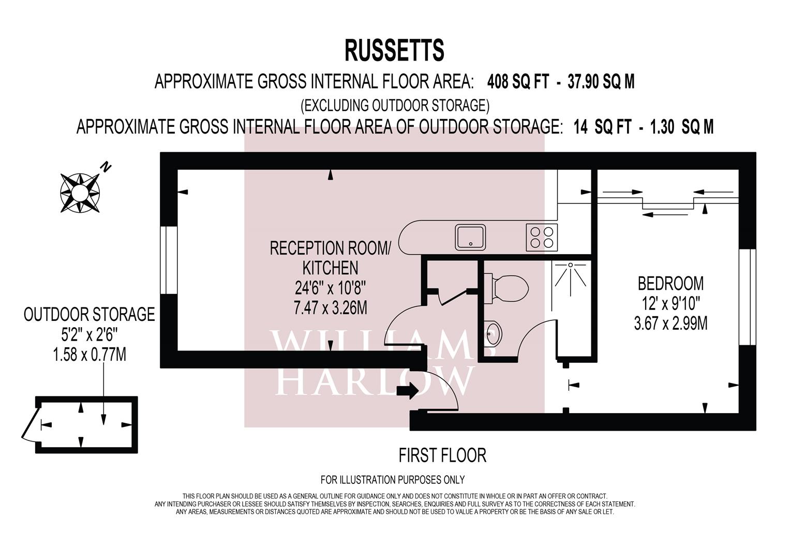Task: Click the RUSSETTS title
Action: point(394,51)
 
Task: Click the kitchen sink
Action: point(470,237)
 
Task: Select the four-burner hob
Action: point(542,237)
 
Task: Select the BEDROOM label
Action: point(670,284)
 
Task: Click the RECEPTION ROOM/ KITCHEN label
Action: point(331,258)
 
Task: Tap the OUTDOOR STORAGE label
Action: point(90,314)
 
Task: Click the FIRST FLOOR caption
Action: point(442,455)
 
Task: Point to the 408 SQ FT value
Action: point(517,82)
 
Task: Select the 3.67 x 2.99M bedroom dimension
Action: point(670,323)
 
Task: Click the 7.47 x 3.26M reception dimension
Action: point(331,308)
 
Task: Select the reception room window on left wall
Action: point(169,260)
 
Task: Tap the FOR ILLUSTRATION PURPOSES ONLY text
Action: point(393,480)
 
